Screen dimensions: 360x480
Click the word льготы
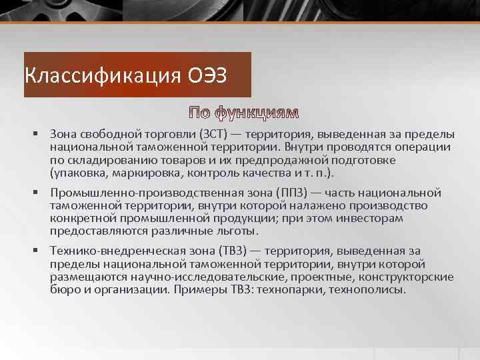(x=236, y=231)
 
